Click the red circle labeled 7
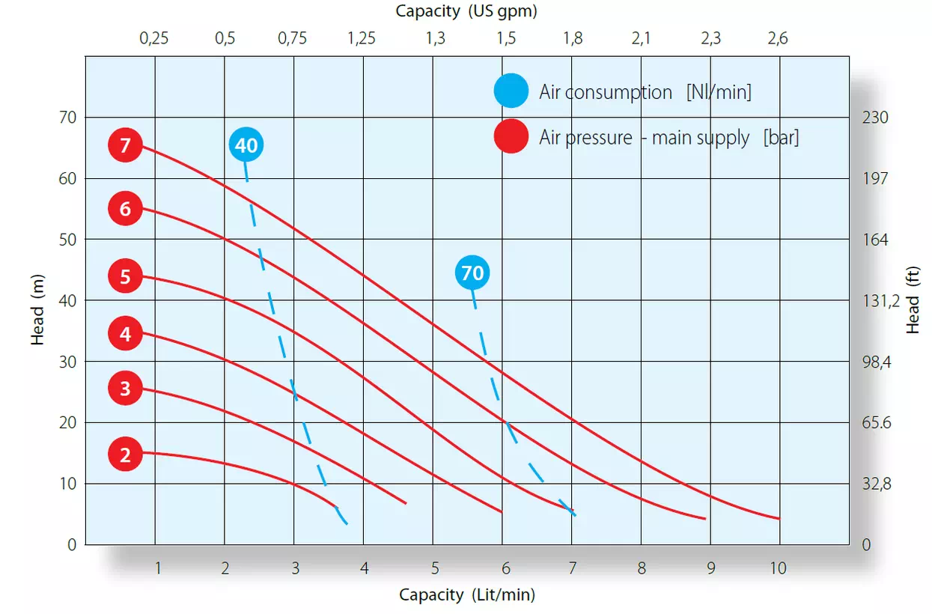click(125, 145)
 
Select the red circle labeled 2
click(125, 455)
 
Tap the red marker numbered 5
click(125, 276)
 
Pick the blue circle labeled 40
click(246, 145)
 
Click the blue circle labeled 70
click(472, 273)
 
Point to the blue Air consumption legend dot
click(511, 91)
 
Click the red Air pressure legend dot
click(511, 136)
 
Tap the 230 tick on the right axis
click(875, 118)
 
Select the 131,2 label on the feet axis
click(881, 300)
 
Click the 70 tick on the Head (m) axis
click(68, 118)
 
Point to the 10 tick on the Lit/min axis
click(778, 568)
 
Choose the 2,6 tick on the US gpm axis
click(778, 38)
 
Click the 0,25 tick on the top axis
click(154, 38)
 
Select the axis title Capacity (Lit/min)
click(467, 595)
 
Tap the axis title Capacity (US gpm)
click(466, 11)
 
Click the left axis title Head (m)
click(37, 310)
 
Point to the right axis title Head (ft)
click(913, 300)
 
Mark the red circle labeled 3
click(125, 388)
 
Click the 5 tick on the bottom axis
click(435, 568)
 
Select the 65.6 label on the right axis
click(877, 422)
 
